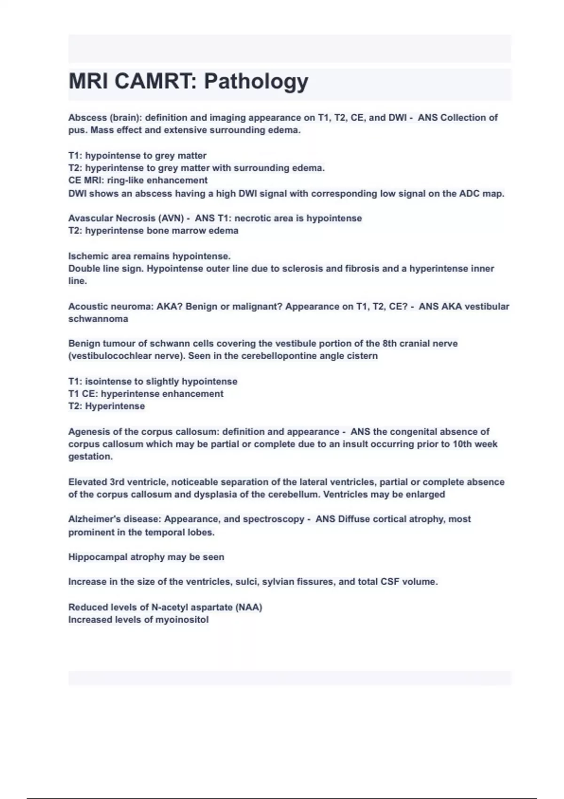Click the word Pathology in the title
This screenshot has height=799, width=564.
pos(256,82)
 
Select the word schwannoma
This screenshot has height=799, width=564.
pos(98,319)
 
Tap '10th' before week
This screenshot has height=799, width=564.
pos(465,444)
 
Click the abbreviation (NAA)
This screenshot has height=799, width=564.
pos(250,607)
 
